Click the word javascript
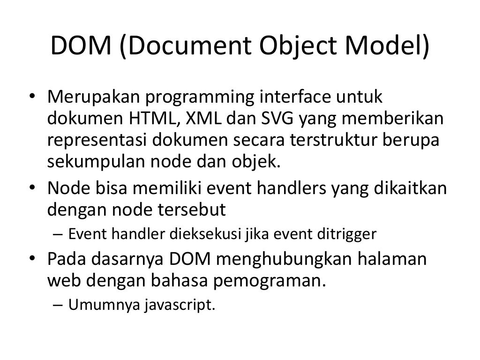tap(180, 305)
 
